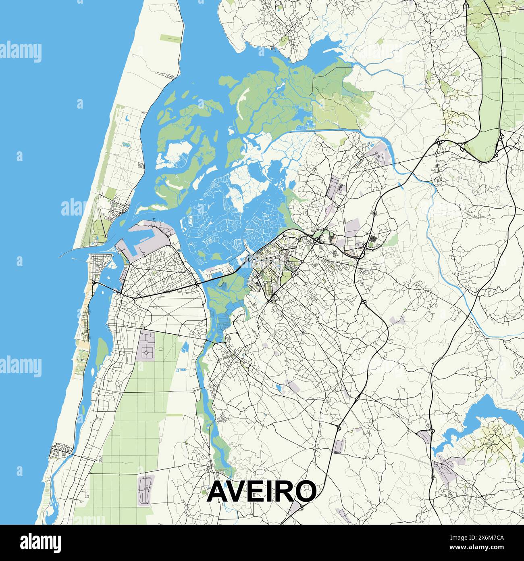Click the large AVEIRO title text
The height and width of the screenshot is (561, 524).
(262, 491)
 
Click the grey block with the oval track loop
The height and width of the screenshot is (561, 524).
(146, 490)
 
